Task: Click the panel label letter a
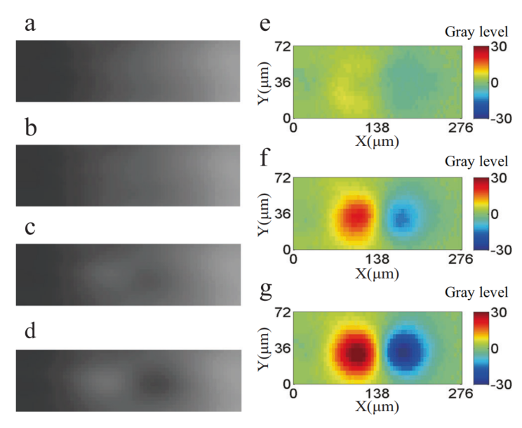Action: click(x=30, y=25)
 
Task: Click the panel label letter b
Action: click(x=31, y=128)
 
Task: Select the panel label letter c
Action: click(x=30, y=228)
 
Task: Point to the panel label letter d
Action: click(x=31, y=330)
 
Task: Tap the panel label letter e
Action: click(x=265, y=25)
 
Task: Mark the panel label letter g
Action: click(x=265, y=291)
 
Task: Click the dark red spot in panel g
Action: click(x=356, y=352)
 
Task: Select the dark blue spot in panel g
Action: click(x=405, y=352)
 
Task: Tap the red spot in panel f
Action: click(x=356, y=216)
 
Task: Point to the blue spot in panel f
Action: click(x=403, y=218)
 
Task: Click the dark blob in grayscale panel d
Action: click(x=155, y=382)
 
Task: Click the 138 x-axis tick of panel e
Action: click(x=377, y=128)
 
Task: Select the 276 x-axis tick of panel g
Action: click(x=461, y=394)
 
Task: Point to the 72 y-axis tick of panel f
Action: click(x=283, y=179)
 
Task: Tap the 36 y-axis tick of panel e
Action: click(x=283, y=82)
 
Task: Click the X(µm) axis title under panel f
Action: click(x=377, y=274)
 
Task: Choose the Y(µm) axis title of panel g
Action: click(x=264, y=349)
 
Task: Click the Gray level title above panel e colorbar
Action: click(x=476, y=32)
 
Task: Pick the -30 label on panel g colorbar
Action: click(x=501, y=385)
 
